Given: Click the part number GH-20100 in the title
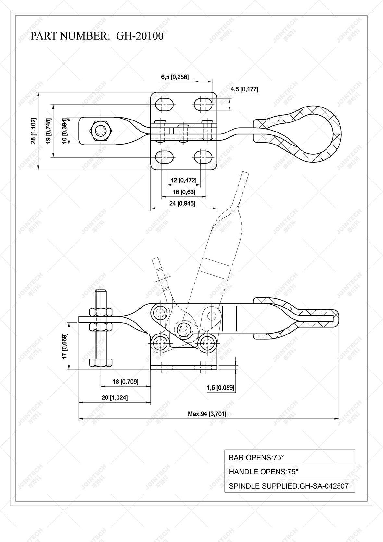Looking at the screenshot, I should point(140,36).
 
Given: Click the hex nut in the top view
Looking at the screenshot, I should point(101,131).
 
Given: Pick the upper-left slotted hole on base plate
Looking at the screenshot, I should point(165,104).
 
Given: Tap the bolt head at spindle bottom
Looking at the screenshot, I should point(101,362).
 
